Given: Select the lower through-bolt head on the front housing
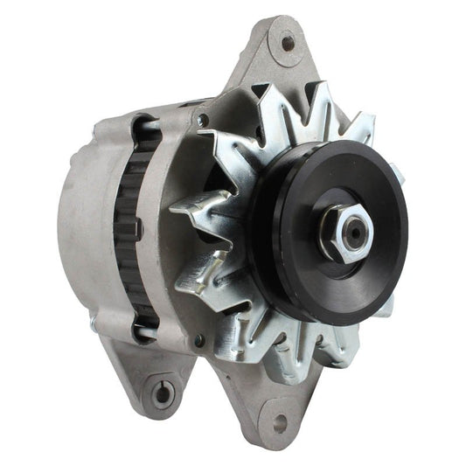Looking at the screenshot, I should (200, 340).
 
